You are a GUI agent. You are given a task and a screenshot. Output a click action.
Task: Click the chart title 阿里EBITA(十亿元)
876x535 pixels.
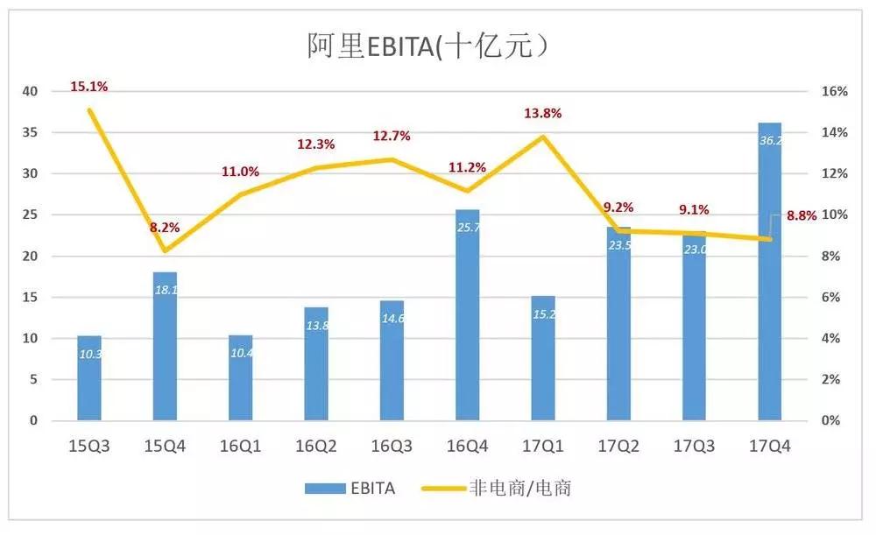(x=427, y=45)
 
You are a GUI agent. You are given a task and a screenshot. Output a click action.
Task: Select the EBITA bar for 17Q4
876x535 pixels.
(x=770, y=271)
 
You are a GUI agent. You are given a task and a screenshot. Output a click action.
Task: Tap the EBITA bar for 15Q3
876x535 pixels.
(x=89, y=378)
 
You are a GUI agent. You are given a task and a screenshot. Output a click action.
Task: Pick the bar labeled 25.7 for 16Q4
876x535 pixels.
(x=468, y=315)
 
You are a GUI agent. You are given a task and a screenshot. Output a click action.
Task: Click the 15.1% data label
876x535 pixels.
(x=89, y=87)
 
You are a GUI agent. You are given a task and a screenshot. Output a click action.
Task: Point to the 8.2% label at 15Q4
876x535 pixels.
(x=165, y=228)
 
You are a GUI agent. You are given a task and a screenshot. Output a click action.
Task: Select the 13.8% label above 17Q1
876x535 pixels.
(x=543, y=113)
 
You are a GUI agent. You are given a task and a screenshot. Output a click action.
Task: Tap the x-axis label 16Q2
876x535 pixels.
(x=316, y=446)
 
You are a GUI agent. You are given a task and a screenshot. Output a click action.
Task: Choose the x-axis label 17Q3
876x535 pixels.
(x=695, y=446)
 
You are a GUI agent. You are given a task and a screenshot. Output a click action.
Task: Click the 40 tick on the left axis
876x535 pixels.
(x=31, y=91)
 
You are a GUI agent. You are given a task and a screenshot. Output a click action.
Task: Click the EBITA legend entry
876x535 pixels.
(x=350, y=489)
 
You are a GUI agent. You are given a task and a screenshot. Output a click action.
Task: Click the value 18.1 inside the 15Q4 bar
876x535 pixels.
(x=166, y=289)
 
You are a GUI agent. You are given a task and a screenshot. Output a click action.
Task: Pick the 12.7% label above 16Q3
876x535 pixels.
(x=392, y=136)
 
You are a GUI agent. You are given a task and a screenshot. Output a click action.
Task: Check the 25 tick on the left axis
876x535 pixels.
(x=31, y=215)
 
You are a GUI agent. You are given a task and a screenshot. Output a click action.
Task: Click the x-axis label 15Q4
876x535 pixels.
(x=165, y=446)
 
